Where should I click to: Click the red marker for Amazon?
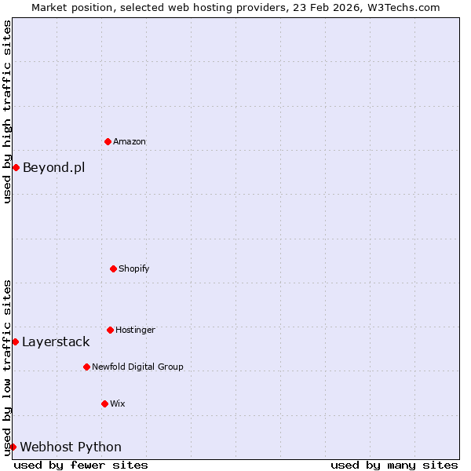108,141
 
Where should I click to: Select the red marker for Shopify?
113,268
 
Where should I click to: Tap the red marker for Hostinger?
110,330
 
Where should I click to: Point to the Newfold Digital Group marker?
86,367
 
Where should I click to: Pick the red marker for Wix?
104,403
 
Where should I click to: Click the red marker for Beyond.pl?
16,167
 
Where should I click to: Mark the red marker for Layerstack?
15,341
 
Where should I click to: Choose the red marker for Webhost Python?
13,447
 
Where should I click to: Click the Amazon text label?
130,141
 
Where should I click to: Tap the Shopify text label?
134,268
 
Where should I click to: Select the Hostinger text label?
135,330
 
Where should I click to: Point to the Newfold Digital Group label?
137,367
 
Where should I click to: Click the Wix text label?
118,403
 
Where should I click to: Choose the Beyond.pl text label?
53,167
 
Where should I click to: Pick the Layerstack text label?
56,341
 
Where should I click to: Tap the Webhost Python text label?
71,447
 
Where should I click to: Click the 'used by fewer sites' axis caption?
81,465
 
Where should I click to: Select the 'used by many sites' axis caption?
394,465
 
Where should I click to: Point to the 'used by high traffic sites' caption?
7,111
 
